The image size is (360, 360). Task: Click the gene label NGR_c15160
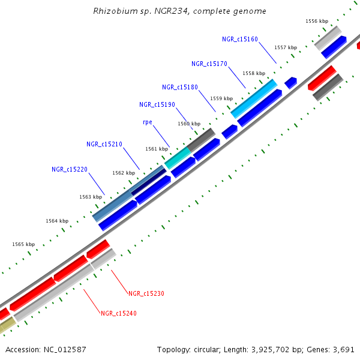(x=239, y=39)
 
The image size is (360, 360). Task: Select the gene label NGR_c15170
(x=209, y=64)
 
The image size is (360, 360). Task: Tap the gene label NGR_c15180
(x=180, y=88)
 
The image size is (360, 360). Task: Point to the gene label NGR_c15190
(x=157, y=104)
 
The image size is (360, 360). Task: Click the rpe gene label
(x=147, y=122)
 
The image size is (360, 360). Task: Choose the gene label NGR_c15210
(x=104, y=144)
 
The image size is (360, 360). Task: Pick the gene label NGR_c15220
(x=70, y=169)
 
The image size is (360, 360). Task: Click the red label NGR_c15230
(x=146, y=293)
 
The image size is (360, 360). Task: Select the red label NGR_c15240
(x=119, y=313)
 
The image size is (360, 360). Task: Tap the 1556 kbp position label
(x=317, y=21)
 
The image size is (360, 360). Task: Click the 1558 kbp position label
(x=254, y=73)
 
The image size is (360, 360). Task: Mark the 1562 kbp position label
(x=124, y=173)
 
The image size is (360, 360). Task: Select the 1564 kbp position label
(x=57, y=221)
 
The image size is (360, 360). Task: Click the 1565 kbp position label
(x=23, y=244)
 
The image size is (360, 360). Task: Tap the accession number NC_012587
(x=67, y=349)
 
